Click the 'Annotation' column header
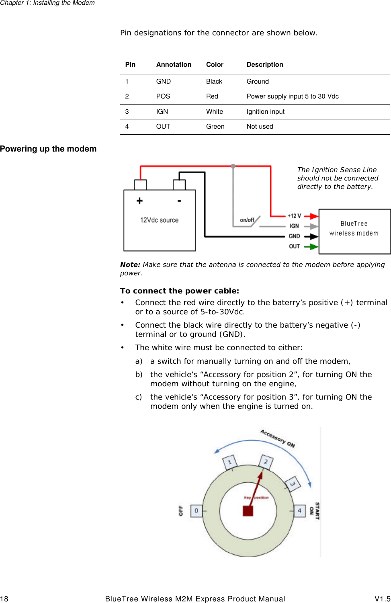tap(174, 65)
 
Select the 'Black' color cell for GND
tap(214, 82)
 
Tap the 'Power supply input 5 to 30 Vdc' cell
tap(292, 96)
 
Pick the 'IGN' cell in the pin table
tap(162, 112)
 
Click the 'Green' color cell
tap(215, 127)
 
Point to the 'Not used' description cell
tap(260, 127)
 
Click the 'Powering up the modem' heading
tap(48, 149)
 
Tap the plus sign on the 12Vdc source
tap(139, 201)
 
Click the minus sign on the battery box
tap(179, 201)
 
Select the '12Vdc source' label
tap(159, 220)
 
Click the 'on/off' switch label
tap(247, 220)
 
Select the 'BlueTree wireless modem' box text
tap(354, 228)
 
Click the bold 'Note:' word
tap(130, 265)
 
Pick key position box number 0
tap(196, 511)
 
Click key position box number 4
tap(299, 511)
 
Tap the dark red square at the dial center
tap(248, 511)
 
